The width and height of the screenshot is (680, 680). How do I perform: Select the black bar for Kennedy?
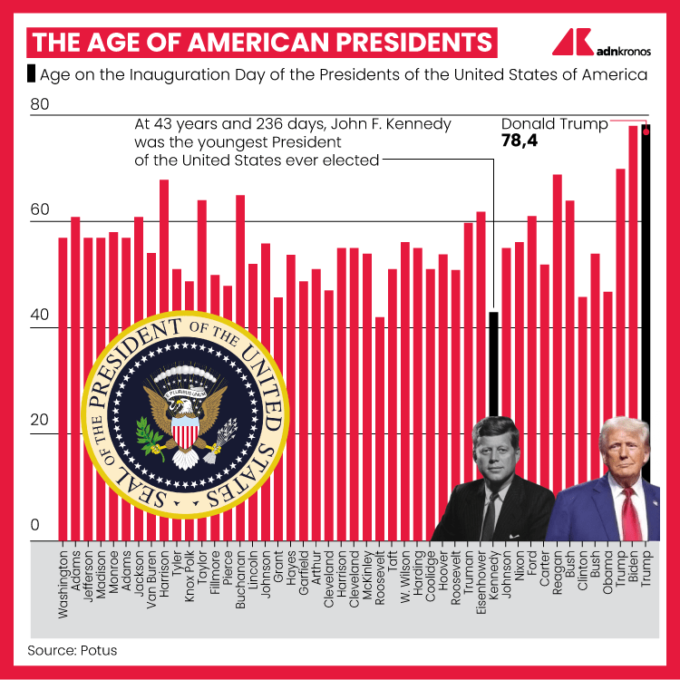coord(494,363)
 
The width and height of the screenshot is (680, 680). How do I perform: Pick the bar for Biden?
coord(634,272)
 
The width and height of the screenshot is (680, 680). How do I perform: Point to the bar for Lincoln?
coord(253,363)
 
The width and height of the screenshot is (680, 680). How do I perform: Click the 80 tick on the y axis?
coord(39,106)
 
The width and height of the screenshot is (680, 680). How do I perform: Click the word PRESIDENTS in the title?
coord(413,42)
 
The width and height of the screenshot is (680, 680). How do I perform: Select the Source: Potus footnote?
coord(72,650)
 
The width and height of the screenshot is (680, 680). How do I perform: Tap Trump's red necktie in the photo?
coord(630,512)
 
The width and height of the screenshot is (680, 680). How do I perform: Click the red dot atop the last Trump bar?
coord(646,131)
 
